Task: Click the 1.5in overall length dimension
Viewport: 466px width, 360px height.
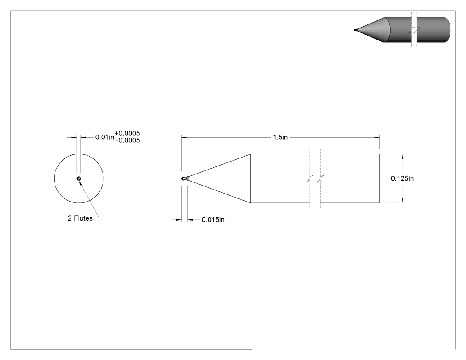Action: [x=280, y=137]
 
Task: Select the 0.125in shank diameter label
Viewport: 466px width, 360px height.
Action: [x=402, y=178]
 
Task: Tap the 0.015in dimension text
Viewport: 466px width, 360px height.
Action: [x=213, y=220]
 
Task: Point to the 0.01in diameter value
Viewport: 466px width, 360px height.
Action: [x=105, y=137]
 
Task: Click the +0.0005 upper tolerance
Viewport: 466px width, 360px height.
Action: [x=127, y=133]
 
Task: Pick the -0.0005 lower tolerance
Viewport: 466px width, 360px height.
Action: [x=127, y=140]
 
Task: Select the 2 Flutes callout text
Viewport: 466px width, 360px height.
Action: [x=80, y=218]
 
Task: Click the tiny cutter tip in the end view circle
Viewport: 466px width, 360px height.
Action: [x=79, y=178]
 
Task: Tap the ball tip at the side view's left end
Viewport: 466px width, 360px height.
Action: [x=183, y=178]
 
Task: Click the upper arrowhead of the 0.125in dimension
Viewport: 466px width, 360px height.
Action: [x=403, y=157]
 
